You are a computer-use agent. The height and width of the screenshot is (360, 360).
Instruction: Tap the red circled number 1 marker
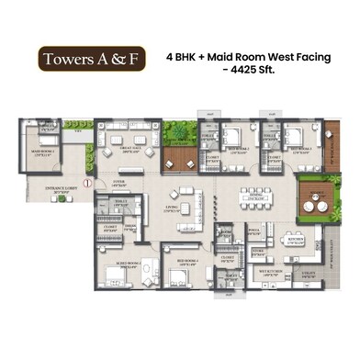[x=87, y=182]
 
